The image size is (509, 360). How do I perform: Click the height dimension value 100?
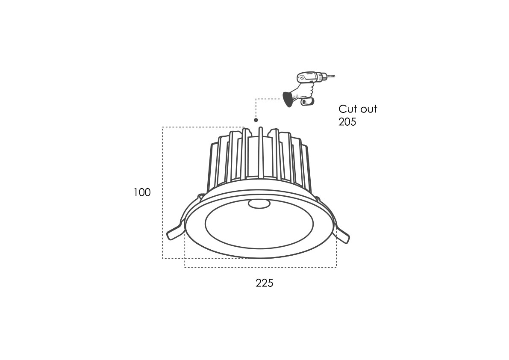pyautogui.click(x=142, y=192)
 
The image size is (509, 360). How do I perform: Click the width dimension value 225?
pyautogui.click(x=265, y=283)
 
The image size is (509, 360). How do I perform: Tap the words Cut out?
pyautogui.click(x=358, y=109)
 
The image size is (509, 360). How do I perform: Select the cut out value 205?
pyautogui.click(x=347, y=122)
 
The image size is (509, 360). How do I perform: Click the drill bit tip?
pyautogui.click(x=335, y=77)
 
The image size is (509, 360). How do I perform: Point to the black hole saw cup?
pyautogui.click(x=287, y=99)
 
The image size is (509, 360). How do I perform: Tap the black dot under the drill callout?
pyautogui.click(x=256, y=120)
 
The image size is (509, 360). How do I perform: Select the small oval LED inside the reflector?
pyautogui.click(x=259, y=204)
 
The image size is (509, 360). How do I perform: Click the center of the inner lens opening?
pyautogui.click(x=259, y=228)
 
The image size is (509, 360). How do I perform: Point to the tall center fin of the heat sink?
pyautogui.click(x=260, y=153)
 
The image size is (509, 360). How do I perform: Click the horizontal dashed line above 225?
pyautogui.click(x=260, y=267)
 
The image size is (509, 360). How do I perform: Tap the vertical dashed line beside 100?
pyautogui.click(x=162, y=192)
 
